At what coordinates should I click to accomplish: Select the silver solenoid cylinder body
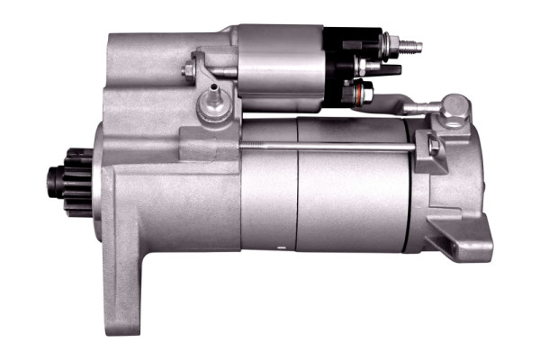click(279, 67)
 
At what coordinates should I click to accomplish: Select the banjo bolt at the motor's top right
click(455, 106)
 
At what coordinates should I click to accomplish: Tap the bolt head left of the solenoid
click(189, 69)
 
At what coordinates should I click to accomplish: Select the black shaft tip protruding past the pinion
click(46, 172)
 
